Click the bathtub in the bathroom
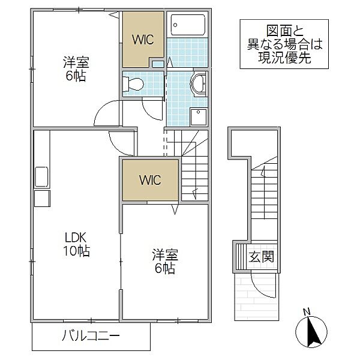coord(187,25)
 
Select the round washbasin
coord(198,86)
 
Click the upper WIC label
coord(143,40)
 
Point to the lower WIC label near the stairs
coord(151,179)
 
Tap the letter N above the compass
coord(307,311)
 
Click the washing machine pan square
coord(198,115)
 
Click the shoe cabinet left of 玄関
coord(239,257)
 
